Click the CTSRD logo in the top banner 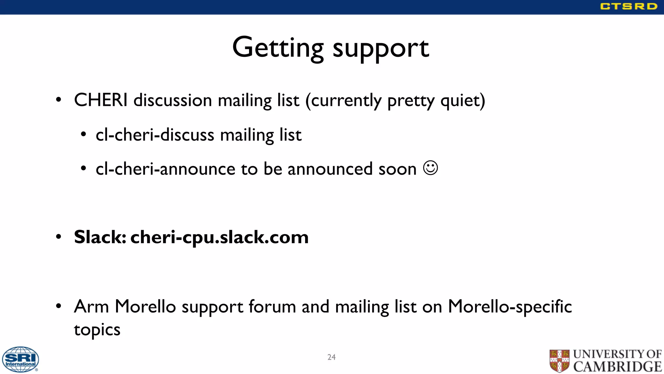pyautogui.click(x=628, y=6)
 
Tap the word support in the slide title pyautogui.click(x=381, y=49)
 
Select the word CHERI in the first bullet pyautogui.click(x=101, y=100)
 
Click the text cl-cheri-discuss pyautogui.click(x=155, y=135)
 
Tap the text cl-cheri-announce pyautogui.click(x=165, y=169)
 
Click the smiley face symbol pyautogui.click(x=431, y=168)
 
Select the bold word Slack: pyautogui.click(x=100, y=237)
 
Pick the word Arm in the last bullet pyautogui.click(x=91, y=306)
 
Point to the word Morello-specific pyautogui.click(x=510, y=306)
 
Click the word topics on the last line pyautogui.click(x=97, y=330)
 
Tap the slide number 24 pyautogui.click(x=331, y=357)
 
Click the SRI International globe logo pyautogui.click(x=20, y=359)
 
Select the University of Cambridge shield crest pyautogui.click(x=559, y=361)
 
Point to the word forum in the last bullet pyautogui.click(x=272, y=306)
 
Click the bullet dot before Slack pyautogui.click(x=58, y=237)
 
